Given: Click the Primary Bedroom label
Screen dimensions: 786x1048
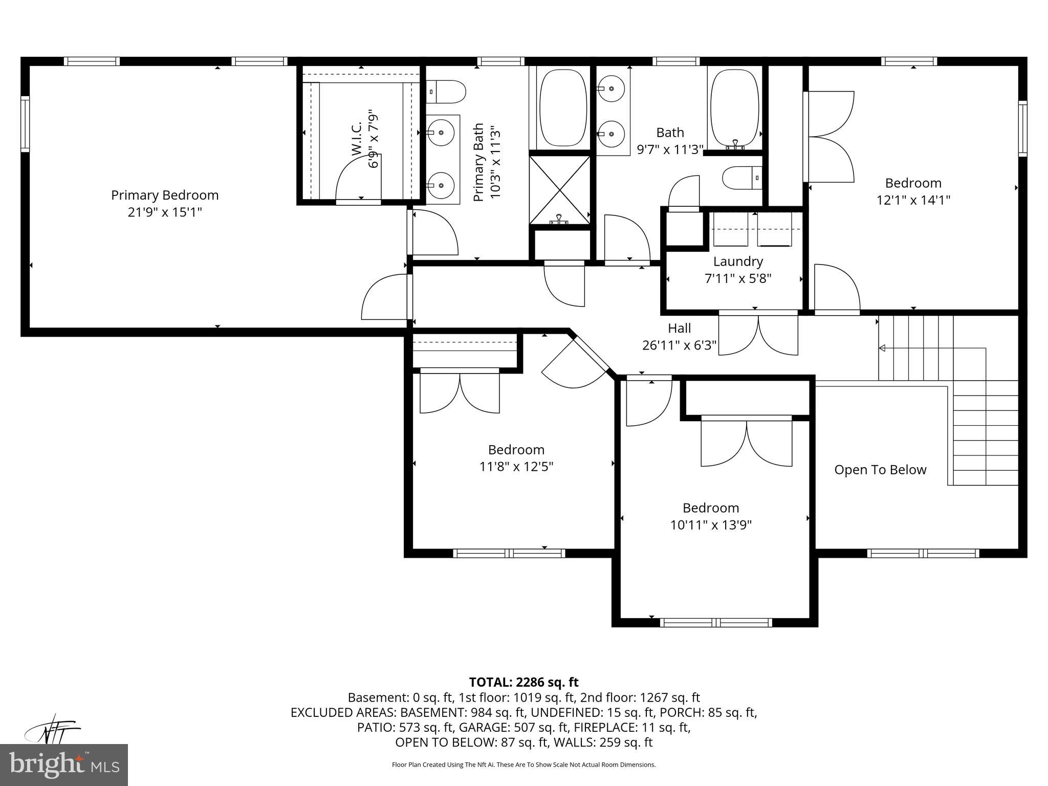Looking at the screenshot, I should pos(165,195).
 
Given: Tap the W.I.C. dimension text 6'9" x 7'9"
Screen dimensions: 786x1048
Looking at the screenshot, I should pos(374,138).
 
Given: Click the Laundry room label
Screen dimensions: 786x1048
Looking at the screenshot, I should pos(738,261).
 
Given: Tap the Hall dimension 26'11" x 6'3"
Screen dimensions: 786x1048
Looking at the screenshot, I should pos(679,345).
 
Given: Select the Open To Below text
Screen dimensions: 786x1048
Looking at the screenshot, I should pos(880,470).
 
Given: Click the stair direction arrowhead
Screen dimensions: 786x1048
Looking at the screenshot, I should pos(882,348).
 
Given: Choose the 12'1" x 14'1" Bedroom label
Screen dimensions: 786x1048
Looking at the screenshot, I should pos(913,183).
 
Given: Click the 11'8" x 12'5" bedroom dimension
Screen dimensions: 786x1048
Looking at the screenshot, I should pos(516,467).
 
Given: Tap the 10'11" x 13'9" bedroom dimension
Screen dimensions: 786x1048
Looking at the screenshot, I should pos(711,525).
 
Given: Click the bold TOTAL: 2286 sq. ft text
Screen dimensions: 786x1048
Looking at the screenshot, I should pos(523,682).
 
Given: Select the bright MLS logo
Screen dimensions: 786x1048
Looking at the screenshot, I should pos(64,765).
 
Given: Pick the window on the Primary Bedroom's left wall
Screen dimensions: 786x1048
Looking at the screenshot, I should pos(25,124).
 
